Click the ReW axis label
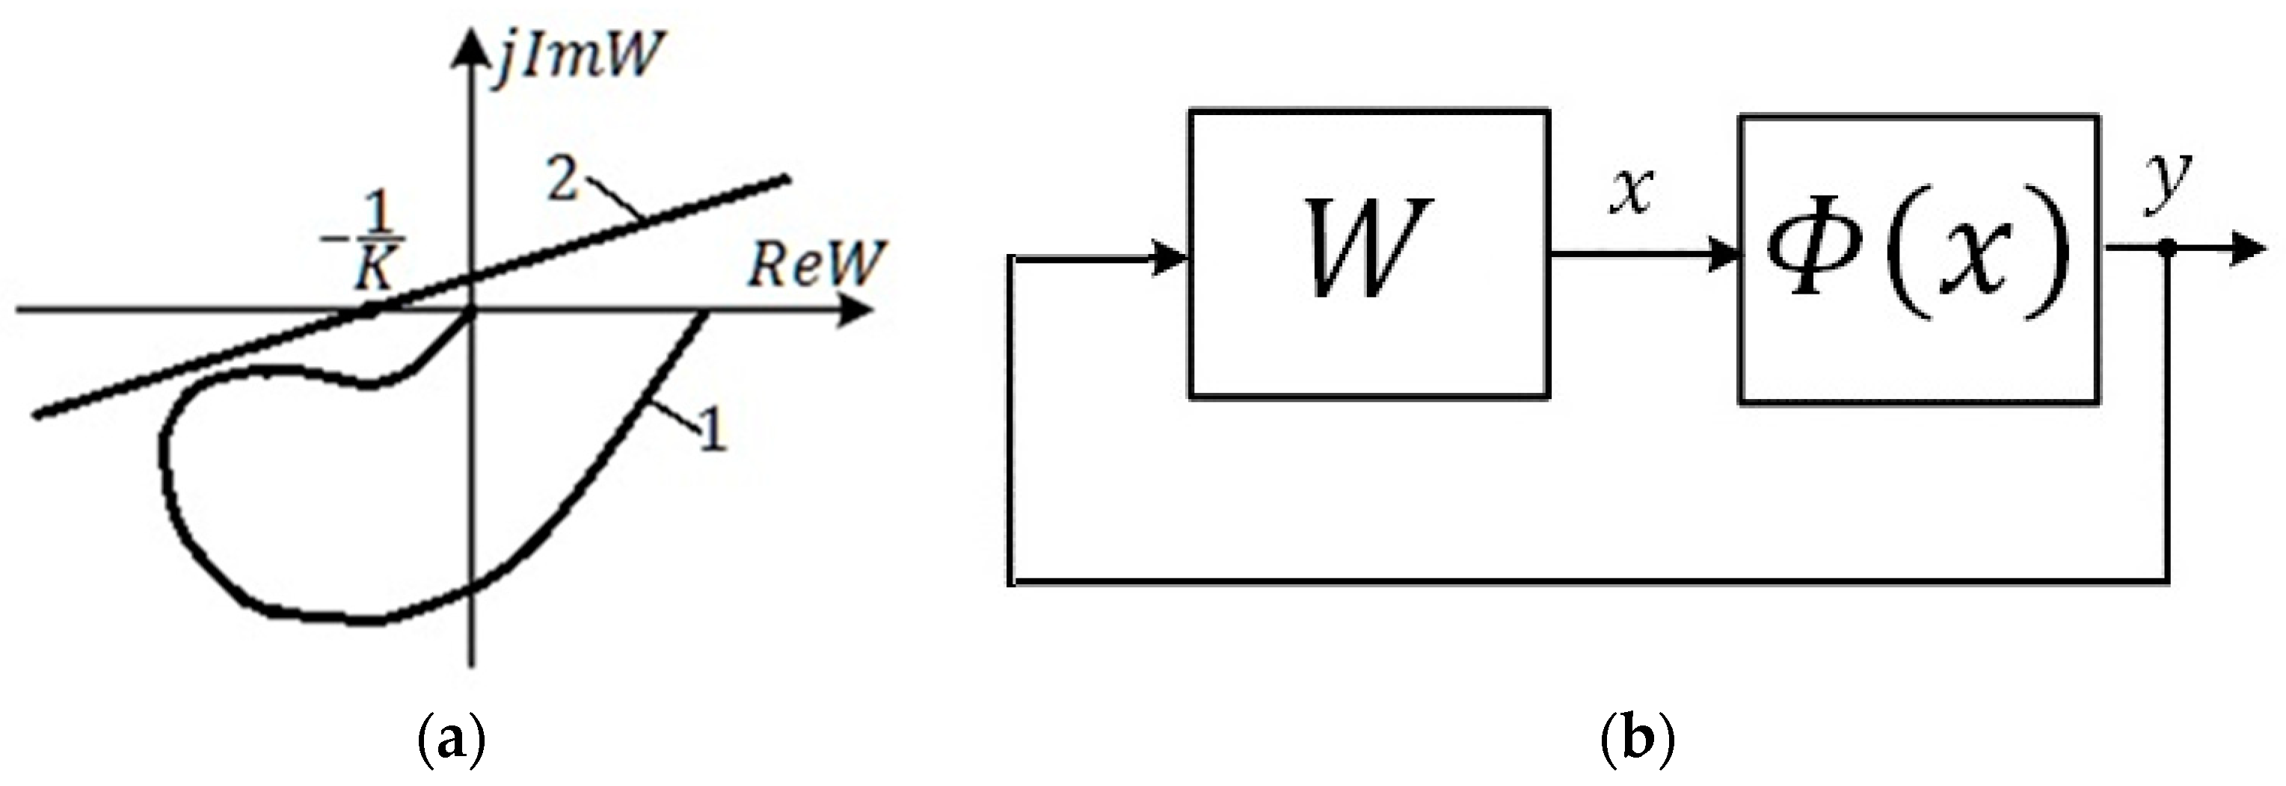[814, 265]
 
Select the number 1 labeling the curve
[713, 433]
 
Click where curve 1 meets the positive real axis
[705, 312]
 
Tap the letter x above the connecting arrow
[1631, 191]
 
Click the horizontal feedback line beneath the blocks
[1588, 582]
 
